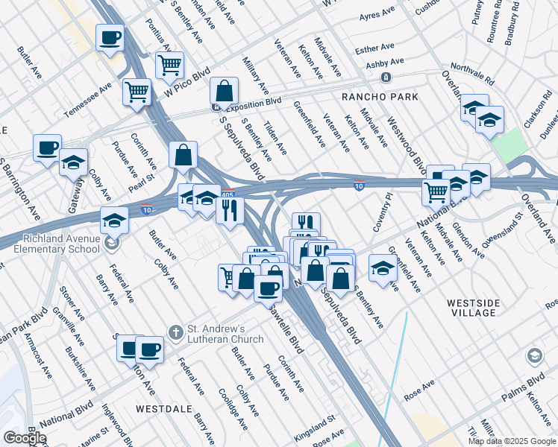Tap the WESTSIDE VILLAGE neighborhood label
(x=481, y=308)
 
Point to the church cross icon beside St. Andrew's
(x=175, y=332)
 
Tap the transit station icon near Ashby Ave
(x=386, y=77)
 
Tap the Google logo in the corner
(x=25, y=438)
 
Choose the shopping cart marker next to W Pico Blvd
(x=170, y=65)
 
